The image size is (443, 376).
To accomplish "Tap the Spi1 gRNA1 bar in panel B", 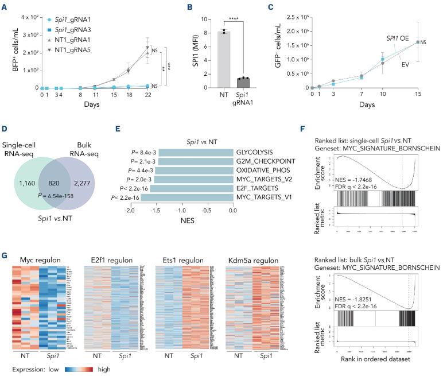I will pyautogui.click(x=248, y=82).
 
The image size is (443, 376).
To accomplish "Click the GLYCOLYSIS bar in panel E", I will pyautogui.click(x=196, y=152).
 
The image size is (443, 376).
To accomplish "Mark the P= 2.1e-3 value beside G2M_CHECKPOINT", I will pyautogui.click(x=138, y=161).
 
